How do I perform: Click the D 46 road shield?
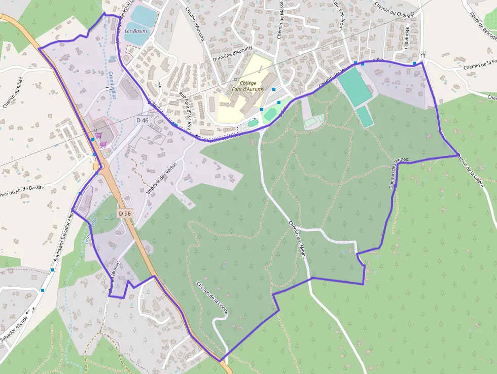pos(143,120)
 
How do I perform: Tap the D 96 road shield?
pos(125,214)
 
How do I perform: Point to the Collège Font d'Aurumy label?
pos(252,86)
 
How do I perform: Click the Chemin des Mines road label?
pos(298,239)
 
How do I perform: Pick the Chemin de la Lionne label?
pos(213,297)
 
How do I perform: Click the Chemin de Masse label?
pos(280,20)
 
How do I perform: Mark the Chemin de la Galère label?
pos(470,170)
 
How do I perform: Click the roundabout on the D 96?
pos(100,166)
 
